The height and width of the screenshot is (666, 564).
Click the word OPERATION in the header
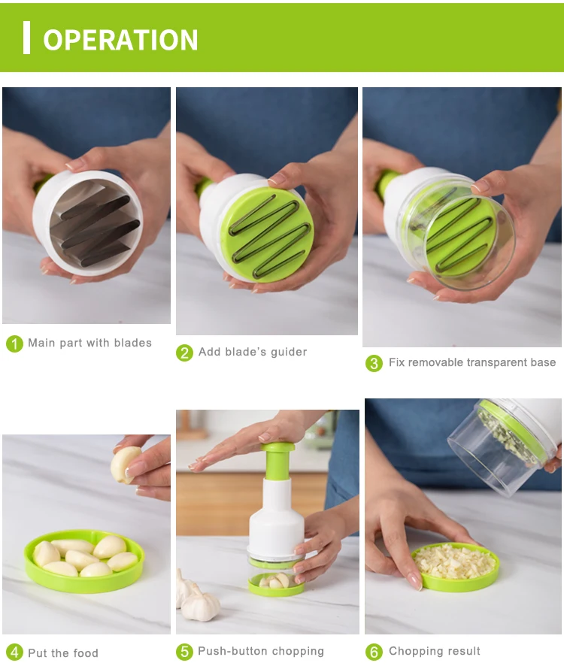[120, 39]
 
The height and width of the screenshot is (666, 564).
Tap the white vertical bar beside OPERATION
[27, 38]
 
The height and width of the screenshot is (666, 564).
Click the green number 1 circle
[14, 344]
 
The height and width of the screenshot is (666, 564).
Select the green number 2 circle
[185, 353]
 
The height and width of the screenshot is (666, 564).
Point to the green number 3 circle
[374, 363]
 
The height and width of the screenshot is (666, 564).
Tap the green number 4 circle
[14, 652]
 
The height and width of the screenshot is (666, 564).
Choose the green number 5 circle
[185, 652]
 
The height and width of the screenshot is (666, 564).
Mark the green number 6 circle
[374, 652]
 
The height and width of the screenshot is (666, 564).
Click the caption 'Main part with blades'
[89, 343]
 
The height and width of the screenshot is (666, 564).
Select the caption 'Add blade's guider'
[253, 352]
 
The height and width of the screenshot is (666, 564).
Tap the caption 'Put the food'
[63, 652]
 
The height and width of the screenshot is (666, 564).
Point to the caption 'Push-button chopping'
[261, 651]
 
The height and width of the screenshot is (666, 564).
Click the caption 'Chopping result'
[435, 651]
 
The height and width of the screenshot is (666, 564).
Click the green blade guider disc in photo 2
[266, 234]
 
